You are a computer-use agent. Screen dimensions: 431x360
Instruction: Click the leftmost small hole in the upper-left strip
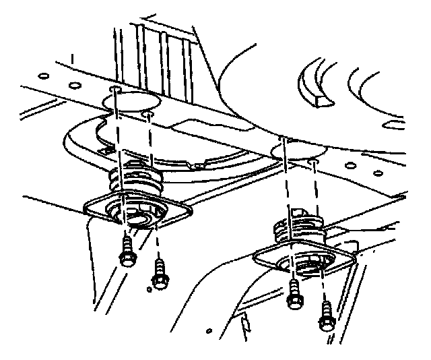click(42, 76)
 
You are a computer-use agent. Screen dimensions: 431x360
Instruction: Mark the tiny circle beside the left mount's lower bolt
click(147, 290)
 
